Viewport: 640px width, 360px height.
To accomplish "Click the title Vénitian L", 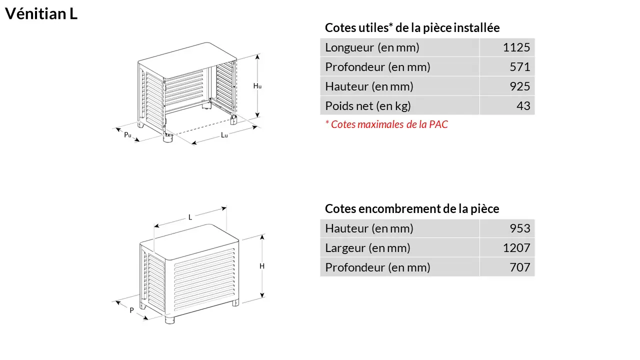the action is [x=41, y=13].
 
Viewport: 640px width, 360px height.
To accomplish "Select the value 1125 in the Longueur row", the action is [x=516, y=47].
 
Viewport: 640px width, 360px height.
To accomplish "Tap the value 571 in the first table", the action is [x=519, y=67].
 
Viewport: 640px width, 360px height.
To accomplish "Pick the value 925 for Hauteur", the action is [x=519, y=86].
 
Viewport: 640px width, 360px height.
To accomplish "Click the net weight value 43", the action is [x=523, y=105].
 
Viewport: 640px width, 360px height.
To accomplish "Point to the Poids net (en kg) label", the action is [x=368, y=106].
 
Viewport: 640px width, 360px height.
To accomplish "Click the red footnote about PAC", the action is [x=386, y=124].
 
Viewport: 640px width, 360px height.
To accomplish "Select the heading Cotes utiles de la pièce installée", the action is [x=412, y=27].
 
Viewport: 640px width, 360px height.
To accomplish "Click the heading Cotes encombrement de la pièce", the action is [x=412, y=209].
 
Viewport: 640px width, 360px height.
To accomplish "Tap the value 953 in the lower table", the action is [x=519, y=228].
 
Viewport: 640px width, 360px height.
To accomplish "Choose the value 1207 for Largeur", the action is [x=516, y=247].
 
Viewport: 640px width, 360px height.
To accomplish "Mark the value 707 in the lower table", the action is [x=519, y=267].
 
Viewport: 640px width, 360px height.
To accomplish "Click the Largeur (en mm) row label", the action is [x=367, y=248].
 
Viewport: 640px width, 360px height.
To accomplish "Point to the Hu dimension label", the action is [x=257, y=85].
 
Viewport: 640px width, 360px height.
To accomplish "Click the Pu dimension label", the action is [x=127, y=134].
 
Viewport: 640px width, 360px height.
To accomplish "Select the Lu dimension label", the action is [x=224, y=135].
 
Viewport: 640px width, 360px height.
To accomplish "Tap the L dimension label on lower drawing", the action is [x=190, y=217].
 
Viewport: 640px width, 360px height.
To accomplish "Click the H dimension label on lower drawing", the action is [x=262, y=266].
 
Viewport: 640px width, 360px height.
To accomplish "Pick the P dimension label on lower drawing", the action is [x=131, y=310].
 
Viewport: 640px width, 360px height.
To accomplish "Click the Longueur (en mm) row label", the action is [x=372, y=47].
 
